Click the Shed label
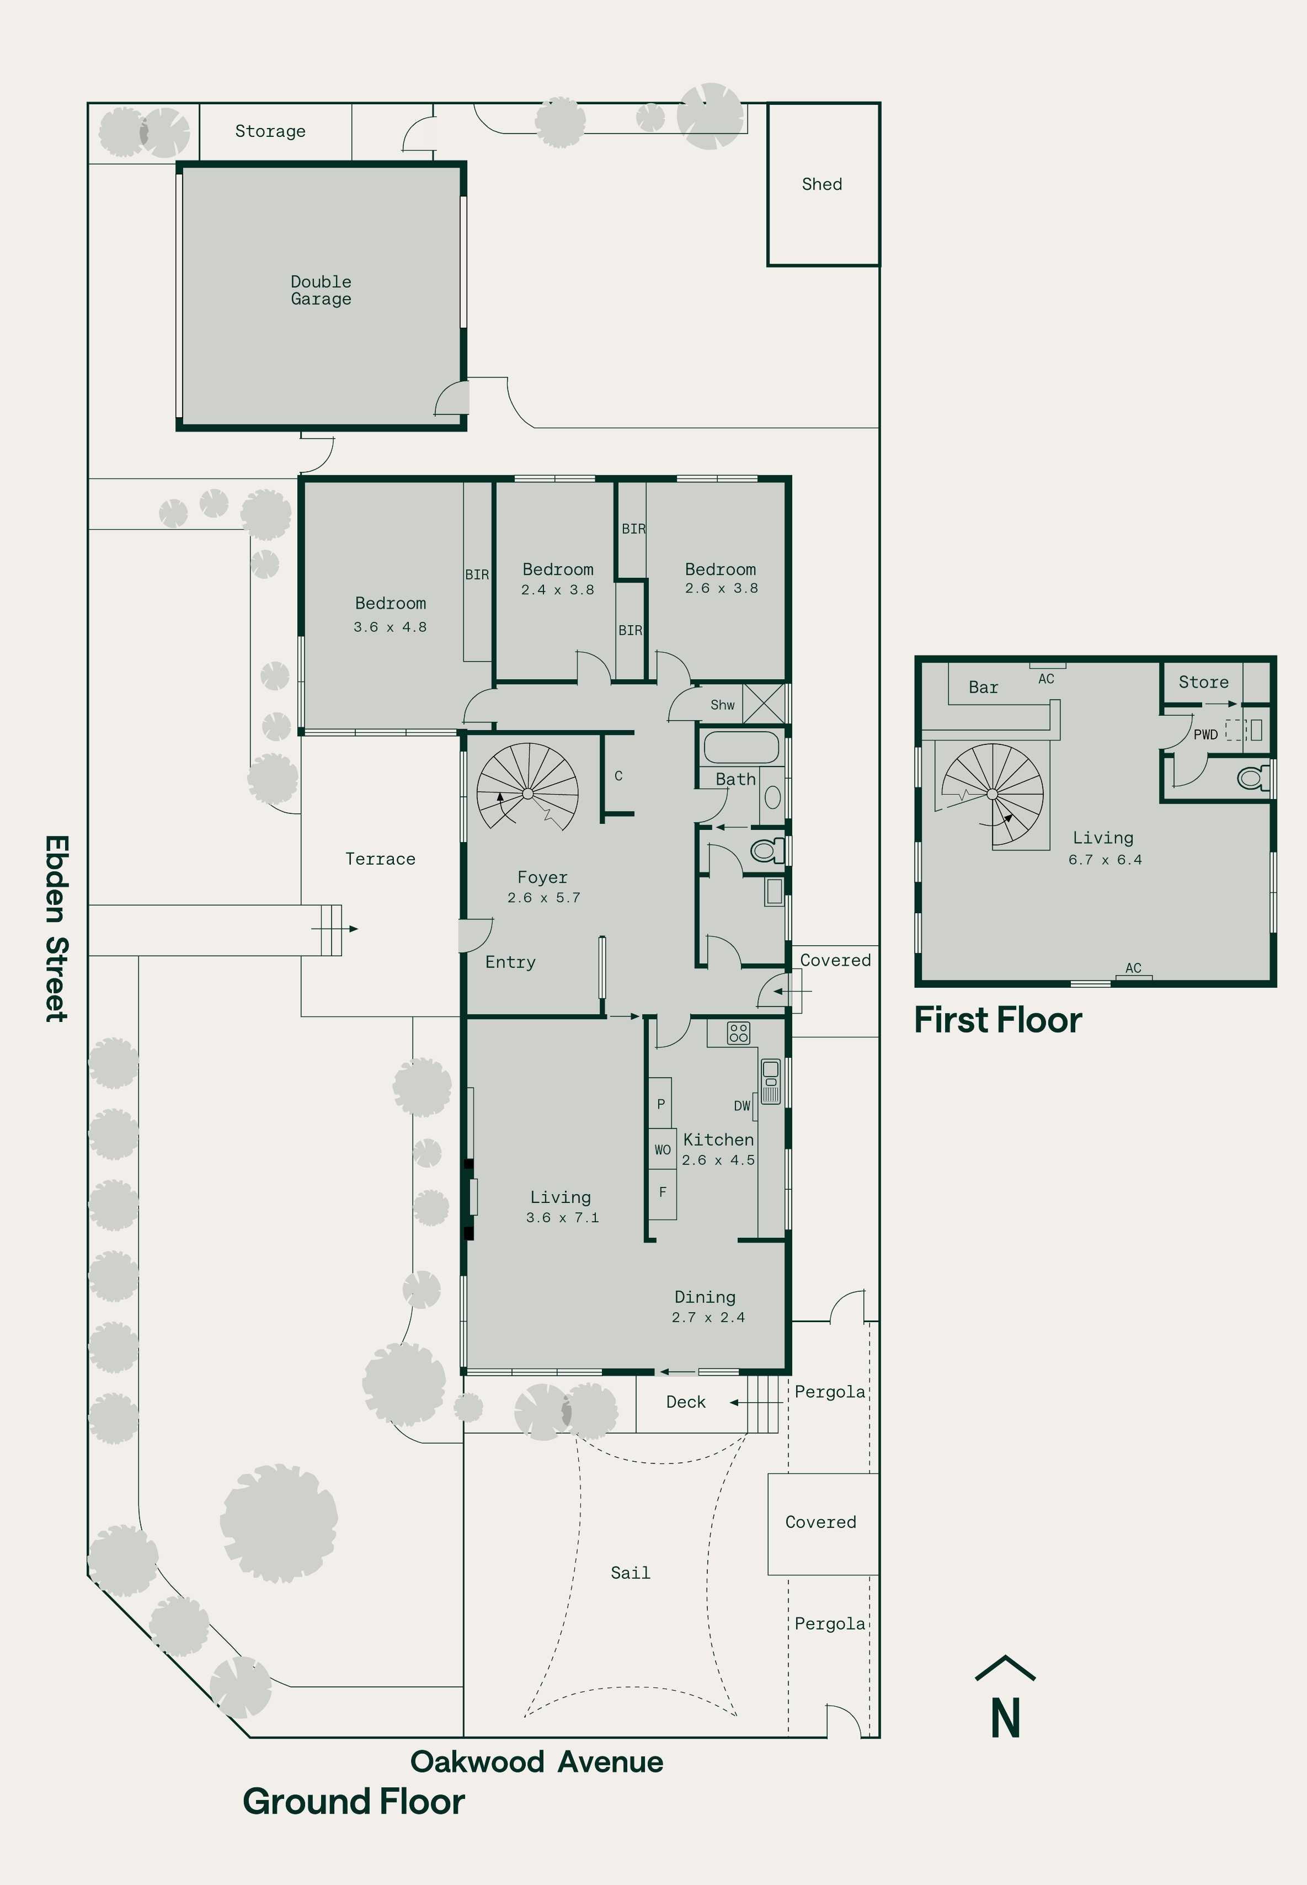821,184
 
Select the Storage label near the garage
270,131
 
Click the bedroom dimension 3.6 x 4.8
390,627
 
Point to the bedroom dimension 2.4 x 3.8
558,589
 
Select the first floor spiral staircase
993,794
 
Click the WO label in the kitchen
663,1149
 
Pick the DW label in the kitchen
742,1105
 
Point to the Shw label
722,705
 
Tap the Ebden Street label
56,929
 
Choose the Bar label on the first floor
984,688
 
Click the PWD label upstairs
1205,734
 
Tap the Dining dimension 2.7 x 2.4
708,1318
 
